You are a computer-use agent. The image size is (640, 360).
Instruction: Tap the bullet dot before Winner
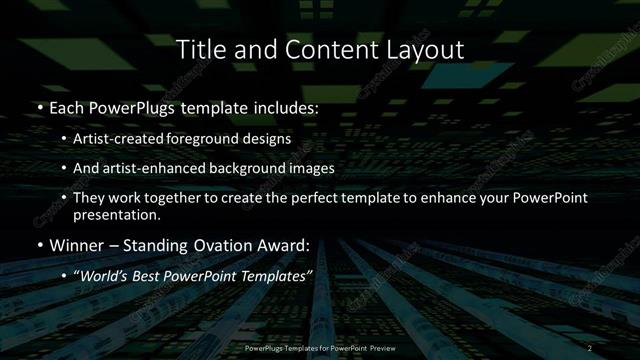[39, 245]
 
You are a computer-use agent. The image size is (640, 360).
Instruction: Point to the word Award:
[286, 245]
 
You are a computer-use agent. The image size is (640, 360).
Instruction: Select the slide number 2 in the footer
[592, 347]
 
